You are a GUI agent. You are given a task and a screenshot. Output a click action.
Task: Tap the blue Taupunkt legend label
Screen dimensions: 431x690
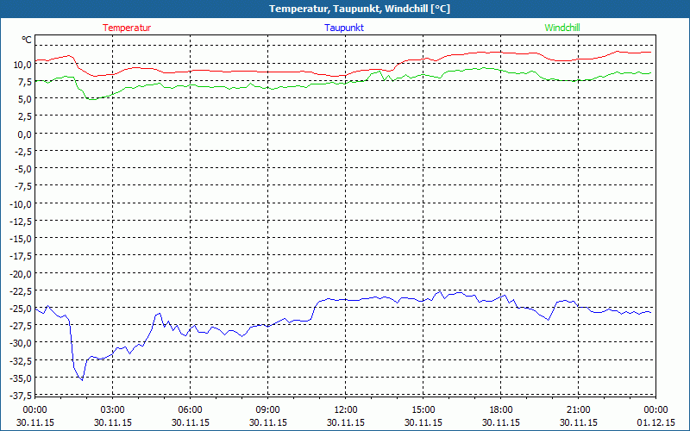[x=344, y=28]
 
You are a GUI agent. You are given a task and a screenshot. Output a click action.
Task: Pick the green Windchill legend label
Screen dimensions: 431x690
[x=562, y=28]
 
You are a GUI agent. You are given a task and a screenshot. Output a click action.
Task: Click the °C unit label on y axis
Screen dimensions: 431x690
[x=27, y=40]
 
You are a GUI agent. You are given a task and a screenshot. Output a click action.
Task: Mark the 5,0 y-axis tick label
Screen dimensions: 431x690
[x=24, y=99]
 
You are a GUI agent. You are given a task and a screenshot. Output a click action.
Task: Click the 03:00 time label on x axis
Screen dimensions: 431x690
[x=113, y=409]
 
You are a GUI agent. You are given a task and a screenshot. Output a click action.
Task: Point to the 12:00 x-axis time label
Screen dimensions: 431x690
[x=346, y=409]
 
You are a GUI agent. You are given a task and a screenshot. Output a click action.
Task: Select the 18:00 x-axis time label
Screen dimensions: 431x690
[x=501, y=409]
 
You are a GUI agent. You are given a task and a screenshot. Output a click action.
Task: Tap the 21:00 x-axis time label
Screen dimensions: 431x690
[x=579, y=409]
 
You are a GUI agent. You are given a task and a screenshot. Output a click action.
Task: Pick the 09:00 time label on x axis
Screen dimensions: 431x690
[x=268, y=409]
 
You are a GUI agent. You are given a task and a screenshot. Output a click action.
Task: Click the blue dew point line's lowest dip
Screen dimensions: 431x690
[x=82, y=379]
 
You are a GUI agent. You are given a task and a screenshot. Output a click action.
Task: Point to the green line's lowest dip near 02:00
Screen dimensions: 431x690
[x=91, y=99]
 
